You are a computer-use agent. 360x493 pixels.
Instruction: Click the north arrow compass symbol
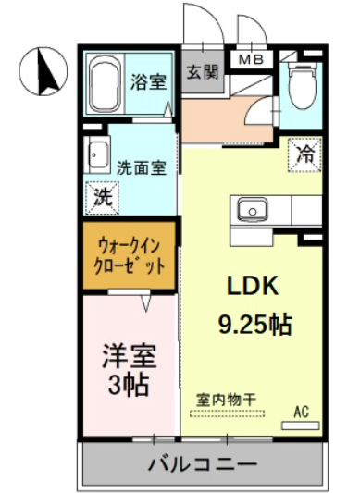pos(43,71)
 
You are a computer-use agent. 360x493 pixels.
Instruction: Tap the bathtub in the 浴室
pos(106,83)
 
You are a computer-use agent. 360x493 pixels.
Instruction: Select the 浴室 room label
pos(148,81)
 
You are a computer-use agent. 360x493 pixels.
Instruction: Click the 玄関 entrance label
pos(203,72)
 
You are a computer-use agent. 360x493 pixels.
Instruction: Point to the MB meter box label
pos(251,59)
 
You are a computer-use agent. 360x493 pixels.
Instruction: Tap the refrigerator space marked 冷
pos(304,154)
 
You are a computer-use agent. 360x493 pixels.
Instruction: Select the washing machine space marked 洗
pos(103,198)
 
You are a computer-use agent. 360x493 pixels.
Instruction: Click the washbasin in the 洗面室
pos(99,154)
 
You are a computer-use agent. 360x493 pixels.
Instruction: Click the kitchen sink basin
pos(253,210)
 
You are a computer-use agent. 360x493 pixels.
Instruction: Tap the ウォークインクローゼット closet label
pos(129,256)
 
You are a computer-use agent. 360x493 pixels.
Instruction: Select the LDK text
pos(253,285)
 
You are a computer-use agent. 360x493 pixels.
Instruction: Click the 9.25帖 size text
pos(254,324)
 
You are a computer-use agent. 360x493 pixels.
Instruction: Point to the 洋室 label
pos(129,356)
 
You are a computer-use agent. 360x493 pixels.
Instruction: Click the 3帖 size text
pos(129,384)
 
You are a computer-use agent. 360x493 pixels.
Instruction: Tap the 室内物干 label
pos(227,400)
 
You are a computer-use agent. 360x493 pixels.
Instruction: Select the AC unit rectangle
pos(300,425)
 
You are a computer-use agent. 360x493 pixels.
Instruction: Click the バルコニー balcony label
pos(203,464)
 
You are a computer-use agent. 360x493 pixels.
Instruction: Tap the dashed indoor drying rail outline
pos(228,413)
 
